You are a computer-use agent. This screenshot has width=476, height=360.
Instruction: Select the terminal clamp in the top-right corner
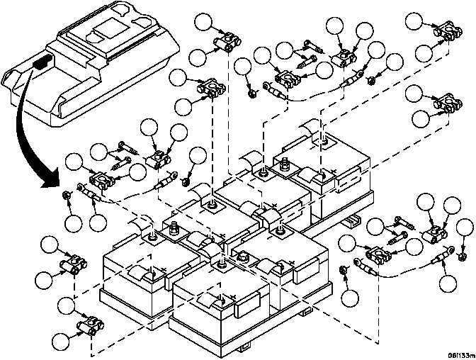(x=446, y=33)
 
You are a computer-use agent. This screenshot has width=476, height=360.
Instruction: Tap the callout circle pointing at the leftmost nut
(x=73, y=223)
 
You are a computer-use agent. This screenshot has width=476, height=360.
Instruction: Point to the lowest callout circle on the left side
(x=63, y=339)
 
